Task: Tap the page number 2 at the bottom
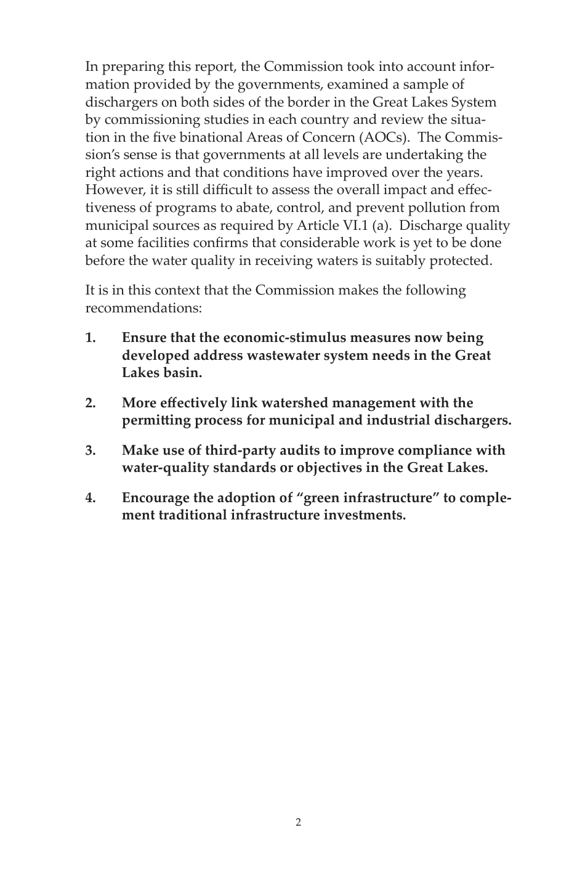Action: click(299, 822)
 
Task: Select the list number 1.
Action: click(91, 338)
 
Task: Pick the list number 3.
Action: click(91, 450)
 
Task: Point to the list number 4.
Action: click(91, 498)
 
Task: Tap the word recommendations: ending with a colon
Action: click(143, 308)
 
